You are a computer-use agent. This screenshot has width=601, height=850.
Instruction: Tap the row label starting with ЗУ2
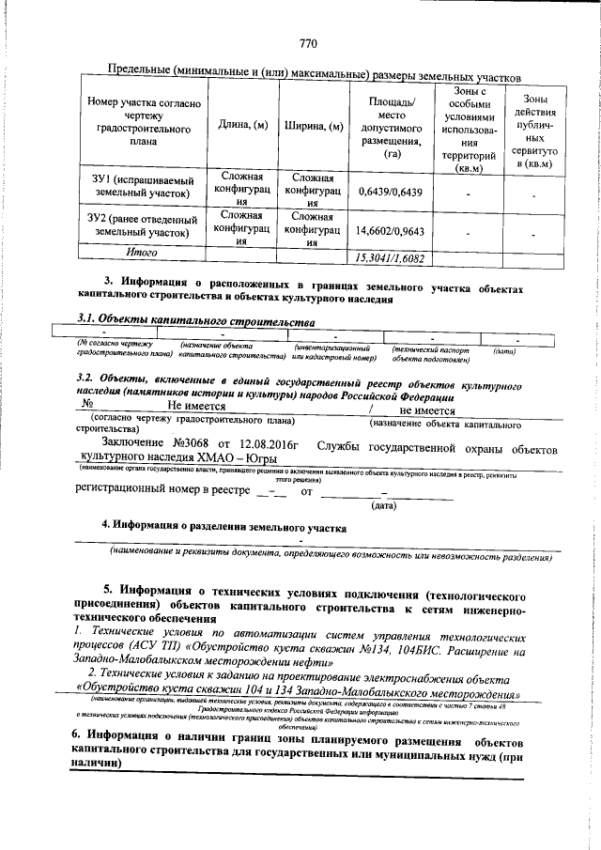[142, 224]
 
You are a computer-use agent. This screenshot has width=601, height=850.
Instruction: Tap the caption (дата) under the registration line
[383, 506]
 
